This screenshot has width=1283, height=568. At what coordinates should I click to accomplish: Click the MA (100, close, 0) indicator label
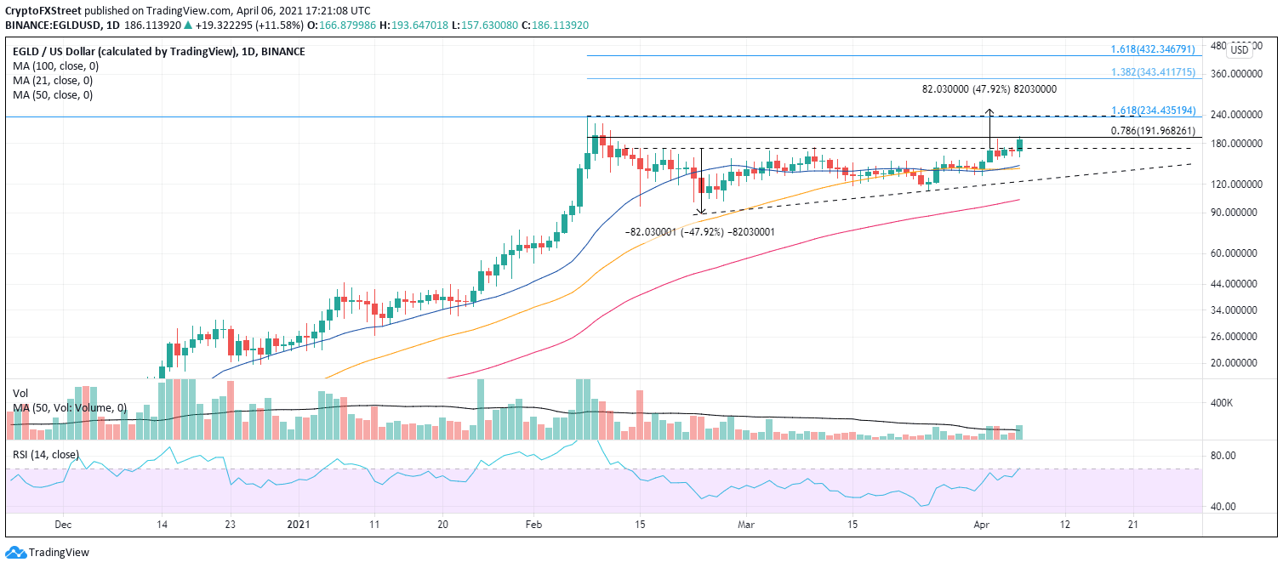[x=54, y=66]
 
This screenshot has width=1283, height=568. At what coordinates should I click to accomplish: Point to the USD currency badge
[x=1240, y=50]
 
